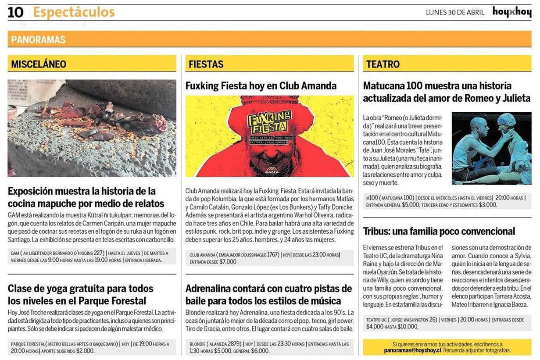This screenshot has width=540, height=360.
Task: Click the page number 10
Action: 16,12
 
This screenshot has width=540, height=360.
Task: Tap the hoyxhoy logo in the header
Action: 511,12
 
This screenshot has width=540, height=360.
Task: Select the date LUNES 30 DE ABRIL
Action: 455,12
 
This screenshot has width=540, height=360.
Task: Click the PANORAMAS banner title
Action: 38,40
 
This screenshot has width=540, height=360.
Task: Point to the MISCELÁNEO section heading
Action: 39,64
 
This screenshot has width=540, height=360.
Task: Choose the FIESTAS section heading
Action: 206,64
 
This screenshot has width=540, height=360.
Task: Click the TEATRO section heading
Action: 383,64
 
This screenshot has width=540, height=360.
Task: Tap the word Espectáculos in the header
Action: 74,12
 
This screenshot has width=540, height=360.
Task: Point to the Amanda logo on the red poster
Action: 272,170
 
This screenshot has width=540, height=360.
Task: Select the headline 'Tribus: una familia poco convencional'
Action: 439,231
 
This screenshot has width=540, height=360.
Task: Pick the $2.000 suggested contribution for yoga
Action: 85,350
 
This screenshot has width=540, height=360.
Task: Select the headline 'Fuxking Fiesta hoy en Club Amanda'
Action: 261,86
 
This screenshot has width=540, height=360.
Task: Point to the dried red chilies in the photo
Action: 105,118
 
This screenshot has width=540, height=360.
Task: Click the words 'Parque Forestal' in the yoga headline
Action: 112,301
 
